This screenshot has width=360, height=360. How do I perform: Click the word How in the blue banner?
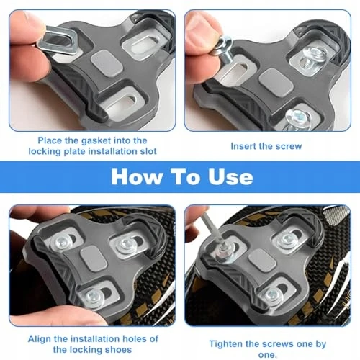136,177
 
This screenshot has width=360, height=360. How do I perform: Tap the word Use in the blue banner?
230,177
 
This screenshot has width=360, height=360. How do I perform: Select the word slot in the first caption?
148,151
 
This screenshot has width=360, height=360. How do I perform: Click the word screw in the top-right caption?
289,146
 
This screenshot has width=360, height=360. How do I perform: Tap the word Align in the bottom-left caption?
40,339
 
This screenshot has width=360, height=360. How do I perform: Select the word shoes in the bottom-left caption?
120,350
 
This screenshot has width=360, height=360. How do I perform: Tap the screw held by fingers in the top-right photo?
222,49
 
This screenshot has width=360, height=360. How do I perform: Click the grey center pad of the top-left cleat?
107,63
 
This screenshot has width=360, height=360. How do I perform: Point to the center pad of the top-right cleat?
276,82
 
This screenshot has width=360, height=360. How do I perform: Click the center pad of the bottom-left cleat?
94,258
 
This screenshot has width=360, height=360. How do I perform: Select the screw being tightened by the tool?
223,252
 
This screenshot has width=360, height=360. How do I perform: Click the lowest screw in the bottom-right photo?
273,295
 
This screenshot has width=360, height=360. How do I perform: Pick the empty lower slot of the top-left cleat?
122,104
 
